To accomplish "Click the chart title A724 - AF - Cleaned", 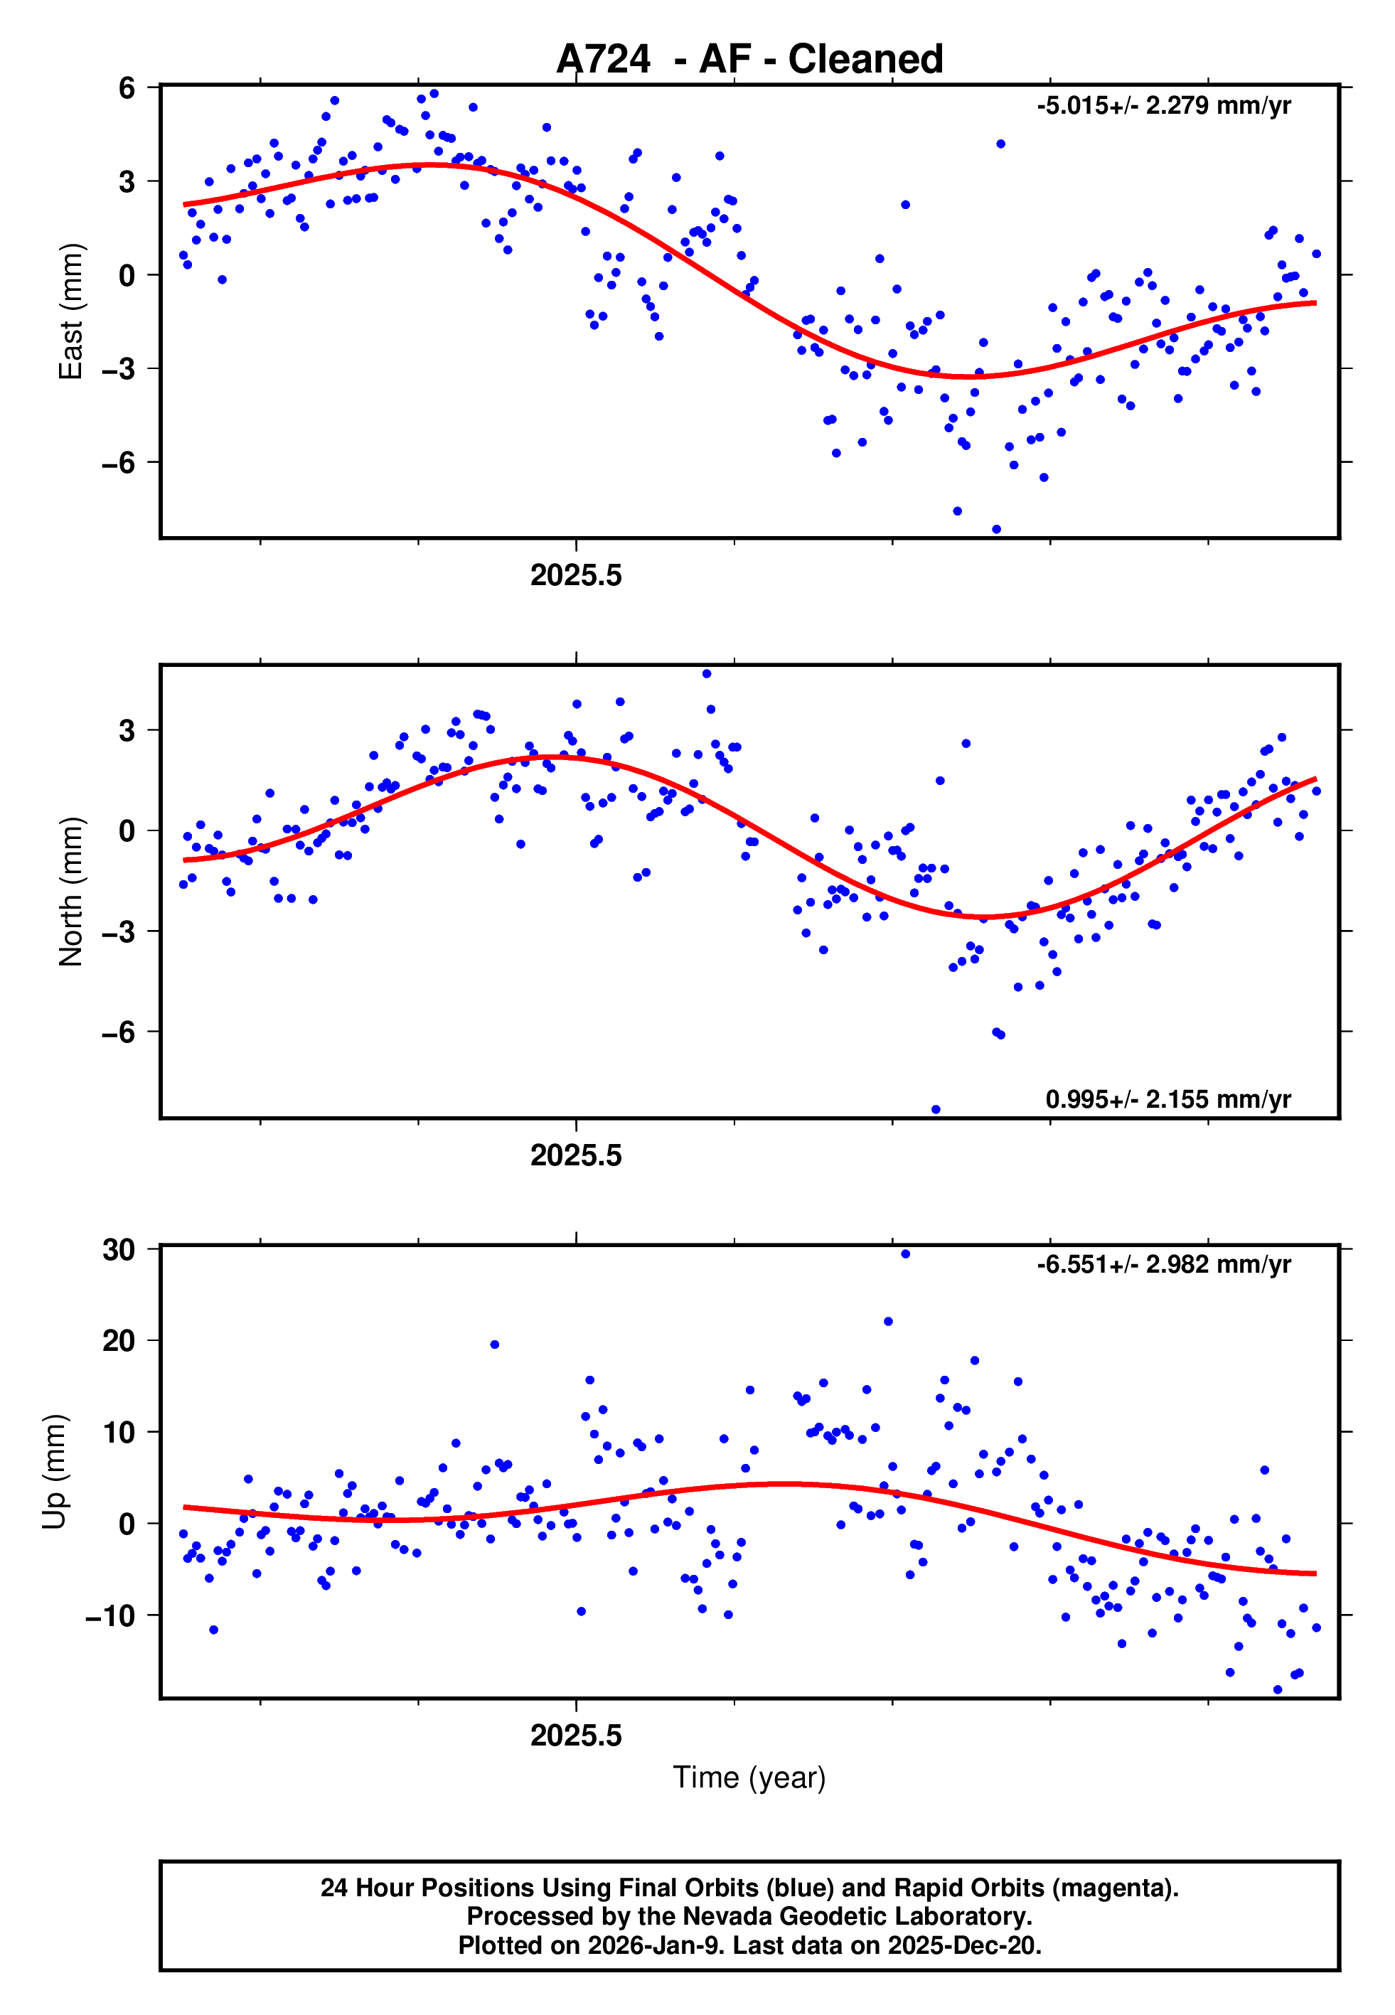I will [x=749, y=60].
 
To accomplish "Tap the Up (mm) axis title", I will [x=54, y=1472].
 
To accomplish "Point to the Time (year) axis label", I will [x=749, y=1778].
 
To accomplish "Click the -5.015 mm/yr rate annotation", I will [x=1163, y=106].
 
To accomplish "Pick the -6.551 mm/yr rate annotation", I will [x=1163, y=1264].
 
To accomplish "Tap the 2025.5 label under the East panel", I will [x=576, y=576].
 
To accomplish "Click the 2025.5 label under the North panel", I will [x=576, y=1156].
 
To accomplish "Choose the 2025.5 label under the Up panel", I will [x=576, y=1736].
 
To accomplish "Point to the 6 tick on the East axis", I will [x=127, y=87].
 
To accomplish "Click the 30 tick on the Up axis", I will [x=119, y=1249].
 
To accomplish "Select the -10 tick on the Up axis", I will [x=110, y=1615].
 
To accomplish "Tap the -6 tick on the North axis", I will [x=119, y=1032].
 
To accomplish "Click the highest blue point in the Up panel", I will [x=906, y=1254].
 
